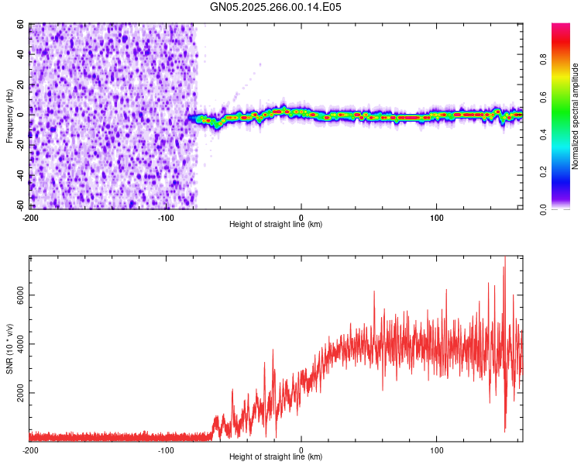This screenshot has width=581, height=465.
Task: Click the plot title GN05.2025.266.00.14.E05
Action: [276, 7]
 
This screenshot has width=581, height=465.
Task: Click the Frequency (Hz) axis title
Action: [9, 116]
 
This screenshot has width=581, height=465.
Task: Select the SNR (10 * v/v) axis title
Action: [9, 349]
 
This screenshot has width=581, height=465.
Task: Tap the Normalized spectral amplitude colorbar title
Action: [576, 116]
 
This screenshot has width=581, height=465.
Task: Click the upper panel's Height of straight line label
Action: [276, 224]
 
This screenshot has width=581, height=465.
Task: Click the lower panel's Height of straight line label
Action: [276, 456]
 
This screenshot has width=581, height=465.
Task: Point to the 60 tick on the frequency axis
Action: [21, 25]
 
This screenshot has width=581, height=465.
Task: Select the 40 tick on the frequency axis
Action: [21, 55]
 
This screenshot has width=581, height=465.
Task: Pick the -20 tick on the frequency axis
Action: [19, 146]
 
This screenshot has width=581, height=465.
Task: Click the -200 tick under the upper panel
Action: [30, 217]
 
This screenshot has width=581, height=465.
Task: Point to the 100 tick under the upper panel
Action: [436, 217]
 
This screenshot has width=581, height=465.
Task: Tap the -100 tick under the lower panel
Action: [166, 449]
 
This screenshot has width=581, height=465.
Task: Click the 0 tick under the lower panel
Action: [301, 449]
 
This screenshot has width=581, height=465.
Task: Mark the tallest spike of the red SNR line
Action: [505, 259]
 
